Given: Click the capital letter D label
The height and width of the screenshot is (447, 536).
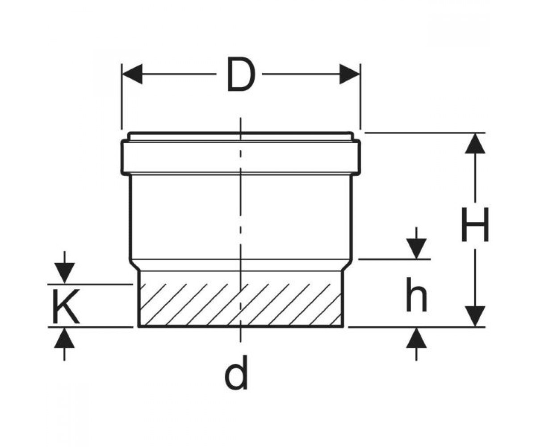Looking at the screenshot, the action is [x=241, y=74].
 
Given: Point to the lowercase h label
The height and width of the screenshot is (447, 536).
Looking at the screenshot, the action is [x=416, y=294].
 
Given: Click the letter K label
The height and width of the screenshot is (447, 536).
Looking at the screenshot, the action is [x=66, y=306].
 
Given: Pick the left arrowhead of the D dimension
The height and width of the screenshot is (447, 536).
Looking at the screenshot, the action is [x=132, y=74].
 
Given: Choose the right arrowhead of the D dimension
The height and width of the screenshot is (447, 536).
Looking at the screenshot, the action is [x=350, y=74].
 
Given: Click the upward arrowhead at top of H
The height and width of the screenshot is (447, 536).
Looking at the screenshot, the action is [x=475, y=143].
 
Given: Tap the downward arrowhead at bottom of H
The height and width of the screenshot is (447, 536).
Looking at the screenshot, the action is [x=475, y=316].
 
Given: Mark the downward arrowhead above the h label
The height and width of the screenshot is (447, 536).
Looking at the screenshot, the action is [x=416, y=249].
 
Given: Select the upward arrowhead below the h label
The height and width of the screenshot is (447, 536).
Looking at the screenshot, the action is [x=416, y=338].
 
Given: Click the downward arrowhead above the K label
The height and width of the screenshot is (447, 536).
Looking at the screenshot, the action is [x=64, y=273].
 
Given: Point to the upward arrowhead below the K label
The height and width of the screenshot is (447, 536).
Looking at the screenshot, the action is [x=64, y=338].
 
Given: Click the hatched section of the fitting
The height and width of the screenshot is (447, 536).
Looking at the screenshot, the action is [x=241, y=305].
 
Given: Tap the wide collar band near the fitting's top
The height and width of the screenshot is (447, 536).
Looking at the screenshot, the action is [x=241, y=157].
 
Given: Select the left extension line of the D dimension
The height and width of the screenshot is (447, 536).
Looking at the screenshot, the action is [x=121, y=97].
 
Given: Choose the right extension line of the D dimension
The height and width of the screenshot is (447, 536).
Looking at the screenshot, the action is [x=360, y=97].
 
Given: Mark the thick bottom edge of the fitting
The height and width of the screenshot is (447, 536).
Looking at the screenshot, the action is [x=241, y=327].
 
